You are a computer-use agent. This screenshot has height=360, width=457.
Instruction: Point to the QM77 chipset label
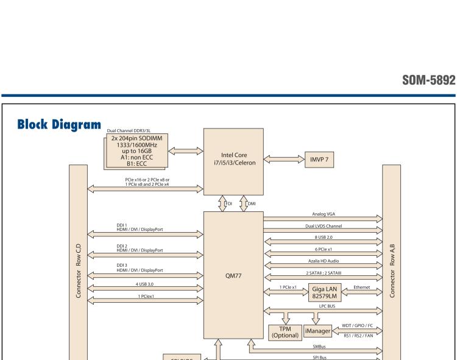click(x=233, y=275)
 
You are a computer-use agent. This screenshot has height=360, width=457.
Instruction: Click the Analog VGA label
click(x=323, y=214)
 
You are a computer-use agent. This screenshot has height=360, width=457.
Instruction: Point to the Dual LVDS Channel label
click(x=323, y=226)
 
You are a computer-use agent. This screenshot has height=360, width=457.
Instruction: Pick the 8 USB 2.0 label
click(x=323, y=238)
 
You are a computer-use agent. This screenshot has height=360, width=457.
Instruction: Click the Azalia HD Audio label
click(x=323, y=261)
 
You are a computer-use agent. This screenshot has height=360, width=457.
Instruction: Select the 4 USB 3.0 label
click(x=145, y=284)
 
